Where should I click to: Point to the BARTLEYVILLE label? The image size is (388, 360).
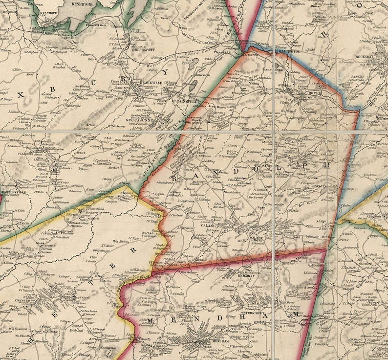14,192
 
